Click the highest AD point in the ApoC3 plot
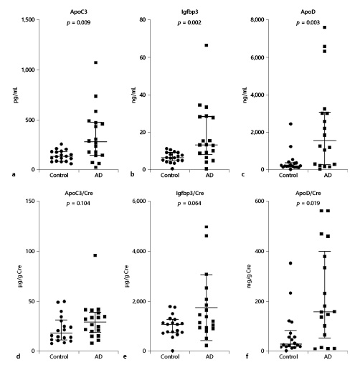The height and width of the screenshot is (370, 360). pos(95,62)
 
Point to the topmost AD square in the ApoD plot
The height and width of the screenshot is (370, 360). pos(325,28)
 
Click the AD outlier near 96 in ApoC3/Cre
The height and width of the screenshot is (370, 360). pos(95,255)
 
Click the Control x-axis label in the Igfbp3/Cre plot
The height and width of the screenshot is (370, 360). pos(171,356)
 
